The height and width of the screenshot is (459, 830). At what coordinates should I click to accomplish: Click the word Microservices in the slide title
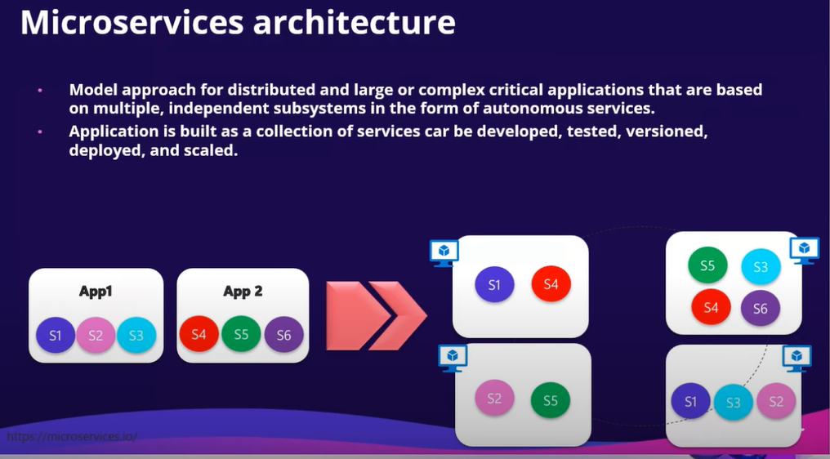click(132, 22)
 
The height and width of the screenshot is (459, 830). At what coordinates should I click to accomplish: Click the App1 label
click(96, 292)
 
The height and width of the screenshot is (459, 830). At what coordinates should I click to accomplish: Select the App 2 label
click(243, 292)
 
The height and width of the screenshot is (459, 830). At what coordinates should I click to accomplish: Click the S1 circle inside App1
click(56, 335)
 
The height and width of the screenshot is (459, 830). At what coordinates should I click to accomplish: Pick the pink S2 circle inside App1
click(96, 335)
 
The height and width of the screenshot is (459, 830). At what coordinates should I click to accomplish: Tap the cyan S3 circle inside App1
click(136, 335)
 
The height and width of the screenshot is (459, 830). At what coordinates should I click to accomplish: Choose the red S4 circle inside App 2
click(199, 334)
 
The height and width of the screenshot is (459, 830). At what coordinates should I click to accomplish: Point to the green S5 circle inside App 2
click(241, 334)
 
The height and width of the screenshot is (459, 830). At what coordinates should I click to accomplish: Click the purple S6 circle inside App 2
click(283, 334)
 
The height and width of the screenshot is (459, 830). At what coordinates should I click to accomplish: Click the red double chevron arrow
click(376, 314)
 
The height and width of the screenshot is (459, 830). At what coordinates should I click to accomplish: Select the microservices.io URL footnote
click(72, 436)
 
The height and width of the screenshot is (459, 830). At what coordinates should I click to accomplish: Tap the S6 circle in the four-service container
click(760, 308)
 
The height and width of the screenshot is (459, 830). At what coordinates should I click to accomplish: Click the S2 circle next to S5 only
click(494, 399)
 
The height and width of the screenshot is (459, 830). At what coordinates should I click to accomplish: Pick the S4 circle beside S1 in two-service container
click(551, 284)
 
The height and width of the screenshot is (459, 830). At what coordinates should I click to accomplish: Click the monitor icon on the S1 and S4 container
click(444, 252)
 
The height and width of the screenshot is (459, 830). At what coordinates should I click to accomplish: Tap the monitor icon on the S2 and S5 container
click(453, 357)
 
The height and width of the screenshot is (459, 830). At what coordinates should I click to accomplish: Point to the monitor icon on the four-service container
click(804, 249)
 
